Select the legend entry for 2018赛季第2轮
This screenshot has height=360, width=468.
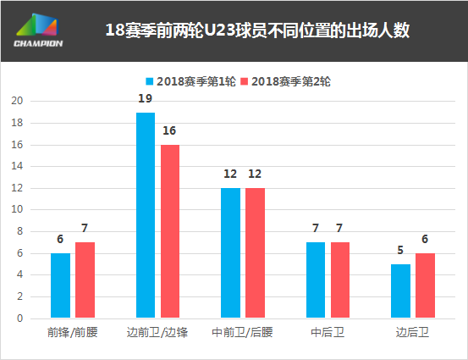[x=284, y=82]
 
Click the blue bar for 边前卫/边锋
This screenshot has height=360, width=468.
[x=146, y=215]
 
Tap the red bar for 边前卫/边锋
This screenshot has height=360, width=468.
[x=170, y=231]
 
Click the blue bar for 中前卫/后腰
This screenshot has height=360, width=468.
[x=230, y=253]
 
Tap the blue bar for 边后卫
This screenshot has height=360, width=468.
[x=400, y=291]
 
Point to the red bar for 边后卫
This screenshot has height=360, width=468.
[x=425, y=285]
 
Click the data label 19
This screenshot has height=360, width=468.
[x=146, y=99]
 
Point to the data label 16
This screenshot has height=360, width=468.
[x=170, y=131]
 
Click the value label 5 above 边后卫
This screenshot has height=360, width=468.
[x=400, y=251]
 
